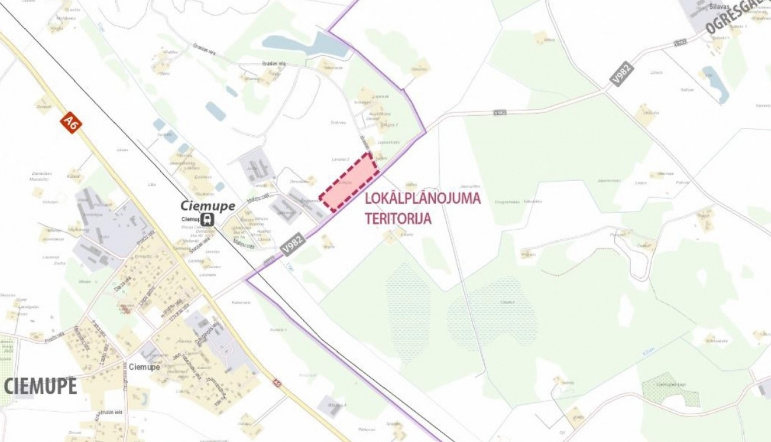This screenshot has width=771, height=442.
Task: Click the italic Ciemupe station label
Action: click(x=208, y=206)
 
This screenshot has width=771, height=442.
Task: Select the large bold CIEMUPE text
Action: click(x=41, y=386)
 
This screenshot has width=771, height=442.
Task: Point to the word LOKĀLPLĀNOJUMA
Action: click(x=423, y=198)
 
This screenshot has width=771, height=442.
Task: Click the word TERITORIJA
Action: click(x=398, y=218)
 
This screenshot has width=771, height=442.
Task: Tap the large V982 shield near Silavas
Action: click(x=623, y=73)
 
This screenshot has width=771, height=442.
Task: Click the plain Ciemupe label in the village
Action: click(x=144, y=367)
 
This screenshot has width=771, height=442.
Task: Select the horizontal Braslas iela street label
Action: click(x=273, y=64)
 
